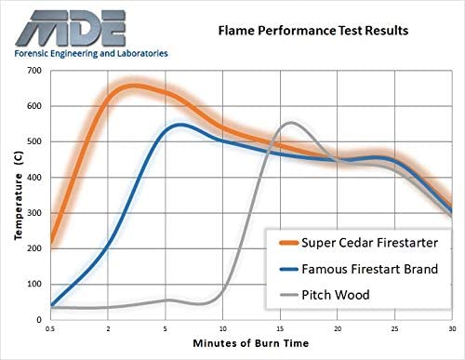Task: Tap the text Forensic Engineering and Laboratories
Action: tap(91, 54)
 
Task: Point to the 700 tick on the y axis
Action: tap(34, 71)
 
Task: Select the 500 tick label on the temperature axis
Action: tap(34, 141)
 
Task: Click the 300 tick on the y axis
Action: tap(34, 213)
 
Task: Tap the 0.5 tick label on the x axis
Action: tap(50, 328)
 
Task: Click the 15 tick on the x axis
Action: tap(280, 328)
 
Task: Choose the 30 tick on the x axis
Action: tap(451, 328)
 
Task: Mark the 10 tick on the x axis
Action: tap(222, 328)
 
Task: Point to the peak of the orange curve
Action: tap(133, 87)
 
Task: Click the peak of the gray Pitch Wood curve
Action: tap(292, 123)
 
